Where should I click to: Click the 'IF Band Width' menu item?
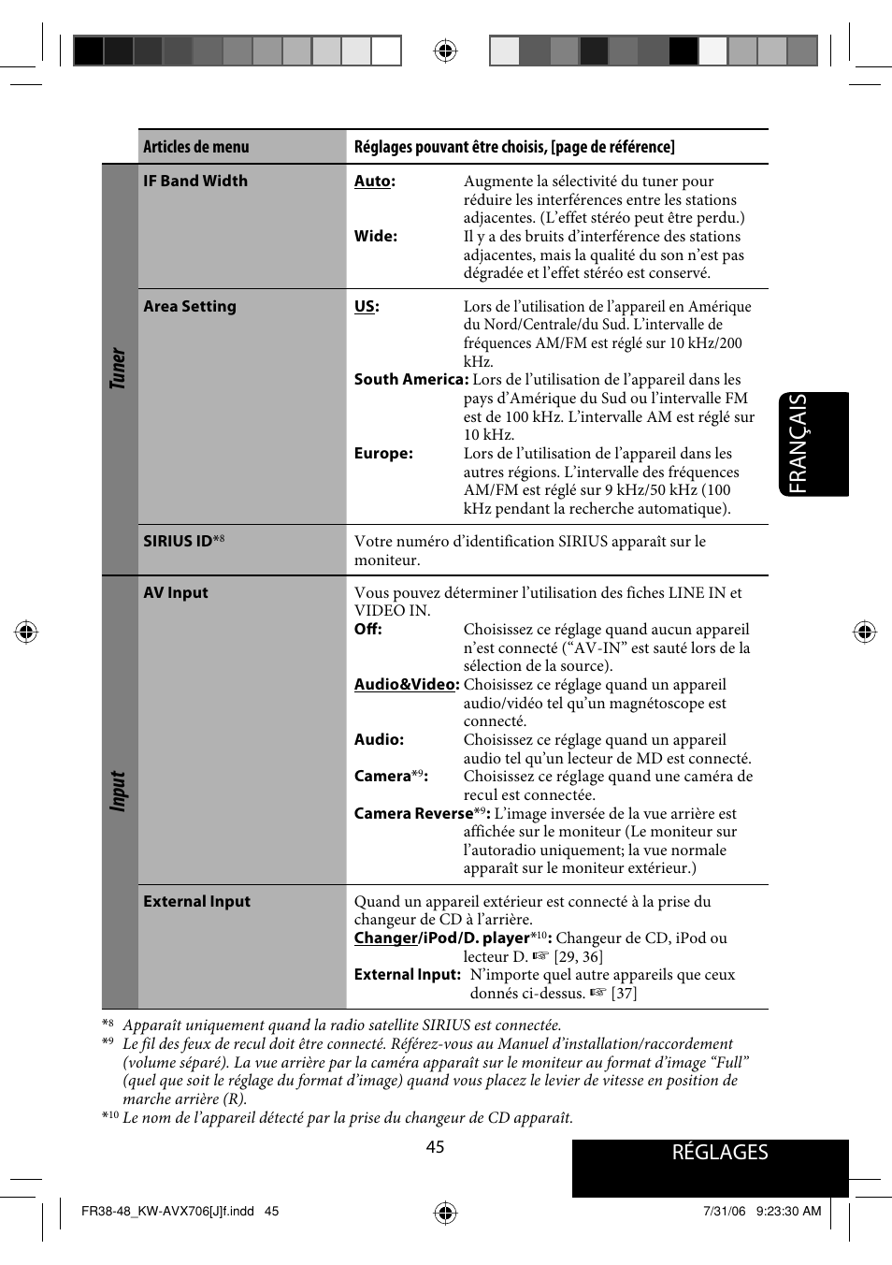tap(195, 181)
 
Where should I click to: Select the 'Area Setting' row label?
tap(190, 306)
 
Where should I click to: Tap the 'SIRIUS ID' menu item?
tap(179, 541)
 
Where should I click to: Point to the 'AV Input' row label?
tap(176, 592)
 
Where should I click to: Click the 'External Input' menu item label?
tap(196, 901)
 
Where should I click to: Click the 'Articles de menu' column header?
tap(196, 147)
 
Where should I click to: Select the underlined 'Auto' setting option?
tap(372, 182)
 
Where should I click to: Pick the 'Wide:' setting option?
tap(376, 236)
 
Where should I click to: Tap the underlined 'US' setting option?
tap(365, 306)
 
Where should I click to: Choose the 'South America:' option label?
tap(410, 379)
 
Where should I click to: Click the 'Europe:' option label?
tap(383, 453)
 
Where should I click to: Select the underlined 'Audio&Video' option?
tap(405, 684)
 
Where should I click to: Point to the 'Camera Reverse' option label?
tap(413, 813)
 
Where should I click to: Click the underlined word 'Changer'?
tap(385, 938)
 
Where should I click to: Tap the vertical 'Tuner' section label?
tap(118, 369)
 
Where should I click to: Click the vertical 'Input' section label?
tap(118, 791)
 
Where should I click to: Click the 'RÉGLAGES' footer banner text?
tap(719, 1153)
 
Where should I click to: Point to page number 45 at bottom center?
tap(435, 1147)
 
